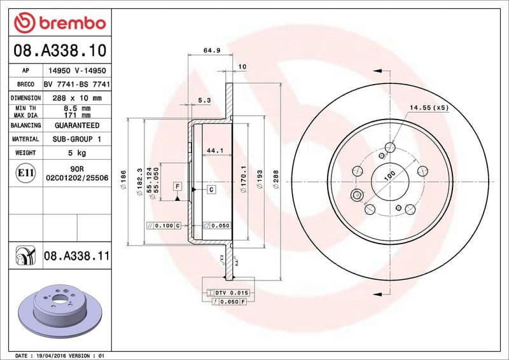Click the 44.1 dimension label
tap(215, 151)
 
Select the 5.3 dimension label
tap(204, 100)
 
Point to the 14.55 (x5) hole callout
tap(428, 107)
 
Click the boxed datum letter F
tap(178, 186)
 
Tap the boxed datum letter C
tap(211, 190)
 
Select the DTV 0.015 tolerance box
tap(228, 292)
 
